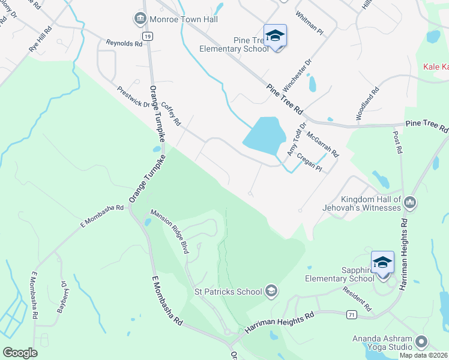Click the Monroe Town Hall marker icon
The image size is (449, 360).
coord(140,19)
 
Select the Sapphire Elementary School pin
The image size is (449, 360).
coord(382,262)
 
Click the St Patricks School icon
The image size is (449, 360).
coord(271,291)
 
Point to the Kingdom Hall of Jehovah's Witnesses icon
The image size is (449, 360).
coord(410,202)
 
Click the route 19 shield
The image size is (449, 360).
coord(148,37)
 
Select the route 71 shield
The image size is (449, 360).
coord(352,313)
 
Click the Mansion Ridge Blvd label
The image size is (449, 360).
coord(170,231)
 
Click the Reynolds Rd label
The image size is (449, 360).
coord(124,43)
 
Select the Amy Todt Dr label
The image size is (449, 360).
coord(297,140)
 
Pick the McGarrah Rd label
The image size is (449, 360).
coord(322,145)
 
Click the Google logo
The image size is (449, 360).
coord(20,352)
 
